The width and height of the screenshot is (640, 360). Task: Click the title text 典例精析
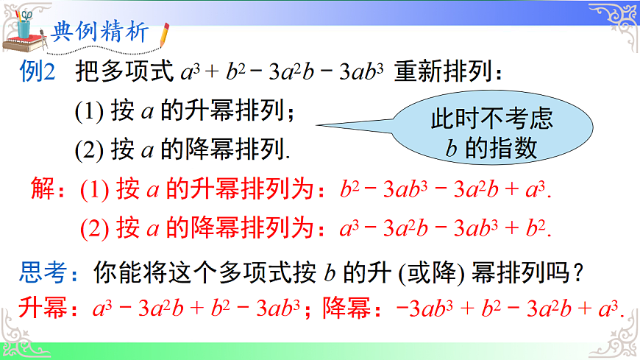pyautogui.click(x=101, y=32)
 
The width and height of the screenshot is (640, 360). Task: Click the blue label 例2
pyautogui.click(x=38, y=74)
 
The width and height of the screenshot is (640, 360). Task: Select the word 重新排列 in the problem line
pyautogui.click(x=439, y=74)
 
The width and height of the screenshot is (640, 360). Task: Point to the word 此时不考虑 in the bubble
pyautogui.click(x=491, y=119)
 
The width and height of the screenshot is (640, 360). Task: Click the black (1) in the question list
pyautogui.click(x=89, y=112)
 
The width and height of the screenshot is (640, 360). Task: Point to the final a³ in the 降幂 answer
pyautogui.click(x=608, y=308)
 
